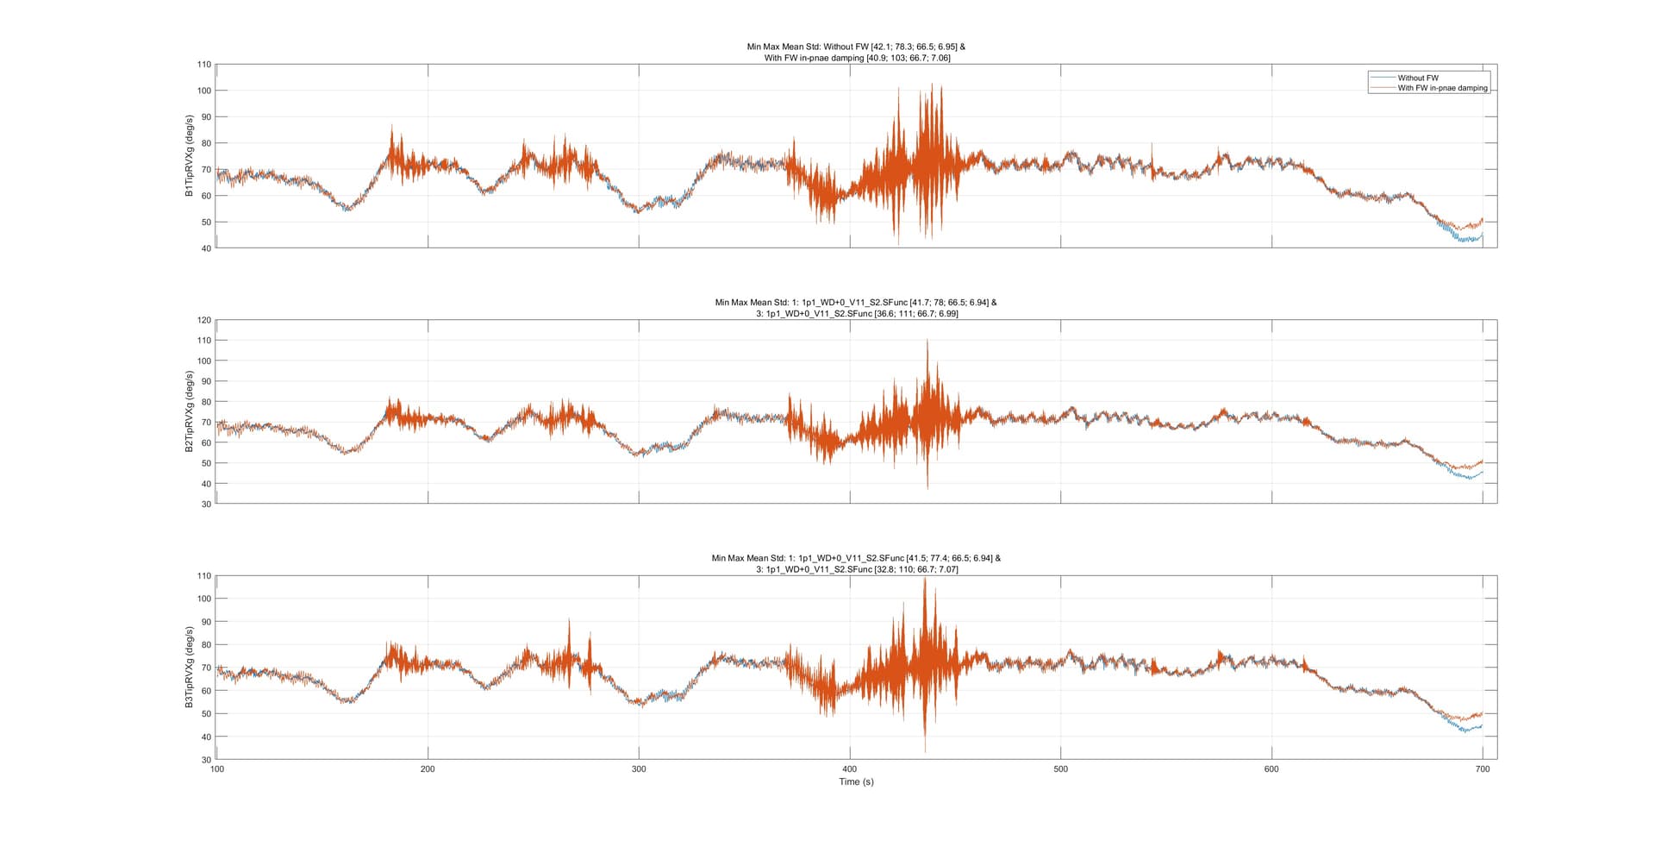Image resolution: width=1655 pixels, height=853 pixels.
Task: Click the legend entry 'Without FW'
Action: (x=1418, y=78)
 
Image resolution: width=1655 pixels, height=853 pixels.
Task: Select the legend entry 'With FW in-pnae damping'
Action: (x=1442, y=88)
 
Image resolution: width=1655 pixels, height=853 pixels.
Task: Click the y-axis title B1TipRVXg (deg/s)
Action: (x=189, y=156)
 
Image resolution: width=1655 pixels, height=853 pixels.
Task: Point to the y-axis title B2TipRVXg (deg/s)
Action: (x=189, y=411)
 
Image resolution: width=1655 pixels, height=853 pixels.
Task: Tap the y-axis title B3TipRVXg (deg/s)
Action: (x=189, y=668)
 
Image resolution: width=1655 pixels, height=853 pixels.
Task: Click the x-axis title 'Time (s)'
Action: (x=856, y=781)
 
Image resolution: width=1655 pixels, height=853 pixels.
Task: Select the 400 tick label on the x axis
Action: (x=850, y=769)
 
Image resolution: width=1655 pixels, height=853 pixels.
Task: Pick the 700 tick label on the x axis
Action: (x=1482, y=769)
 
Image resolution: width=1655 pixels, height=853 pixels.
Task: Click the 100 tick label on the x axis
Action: (x=216, y=769)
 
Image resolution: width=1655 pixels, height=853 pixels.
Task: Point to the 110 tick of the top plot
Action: (x=203, y=65)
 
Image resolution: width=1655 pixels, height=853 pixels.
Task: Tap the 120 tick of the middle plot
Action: (x=203, y=320)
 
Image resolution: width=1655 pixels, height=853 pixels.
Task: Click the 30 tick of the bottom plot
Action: (x=205, y=760)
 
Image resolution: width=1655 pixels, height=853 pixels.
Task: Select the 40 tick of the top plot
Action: (x=205, y=248)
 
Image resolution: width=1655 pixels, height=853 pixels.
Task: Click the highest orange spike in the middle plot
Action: (x=927, y=341)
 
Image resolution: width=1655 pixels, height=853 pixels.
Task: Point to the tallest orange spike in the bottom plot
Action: (x=925, y=579)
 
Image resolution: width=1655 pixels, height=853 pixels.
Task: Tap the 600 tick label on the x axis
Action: (x=1271, y=769)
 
